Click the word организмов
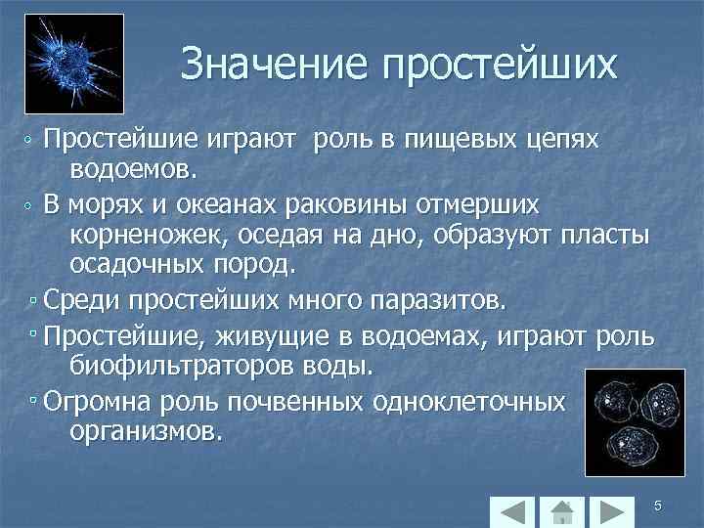pyautogui.click(x=146, y=430)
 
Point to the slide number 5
pyautogui.click(x=658, y=506)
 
